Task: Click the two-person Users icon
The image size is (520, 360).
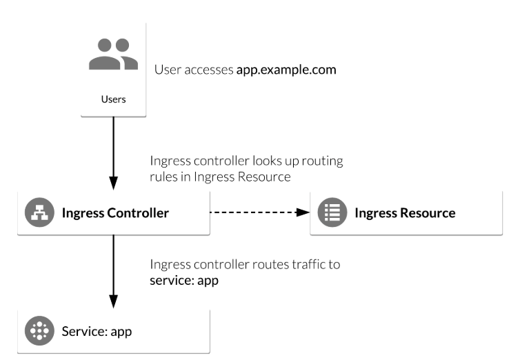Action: coord(113,54)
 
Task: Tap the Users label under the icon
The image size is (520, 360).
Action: coord(113,99)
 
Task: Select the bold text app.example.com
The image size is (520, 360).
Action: coord(286,70)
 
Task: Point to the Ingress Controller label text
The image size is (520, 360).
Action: coord(115,213)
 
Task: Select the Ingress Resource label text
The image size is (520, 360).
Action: coord(405,213)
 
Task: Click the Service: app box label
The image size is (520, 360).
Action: coord(97,330)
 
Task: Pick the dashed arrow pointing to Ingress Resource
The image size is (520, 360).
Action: coord(255,213)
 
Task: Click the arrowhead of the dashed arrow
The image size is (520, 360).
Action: coord(302,213)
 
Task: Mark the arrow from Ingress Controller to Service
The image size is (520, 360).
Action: coord(113,269)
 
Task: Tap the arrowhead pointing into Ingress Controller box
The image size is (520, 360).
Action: coord(113,185)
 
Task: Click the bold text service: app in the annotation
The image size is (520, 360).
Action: coord(184,281)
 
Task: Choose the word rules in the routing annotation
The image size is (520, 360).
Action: coord(163,177)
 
